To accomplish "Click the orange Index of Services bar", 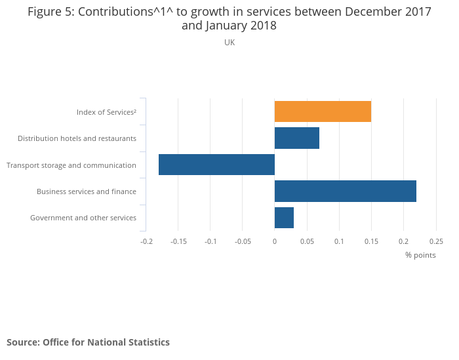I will click(x=323, y=111).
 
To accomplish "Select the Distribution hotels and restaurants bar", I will click(x=297, y=138).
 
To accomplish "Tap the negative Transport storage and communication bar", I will click(x=216, y=165).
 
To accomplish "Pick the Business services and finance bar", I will click(x=346, y=191).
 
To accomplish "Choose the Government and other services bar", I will click(x=284, y=218).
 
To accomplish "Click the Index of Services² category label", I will click(x=106, y=112).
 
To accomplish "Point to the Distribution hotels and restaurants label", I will click(x=77, y=138).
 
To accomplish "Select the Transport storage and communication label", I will click(x=71, y=165).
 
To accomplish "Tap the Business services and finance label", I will click(x=87, y=191).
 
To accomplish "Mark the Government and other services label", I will click(x=83, y=218).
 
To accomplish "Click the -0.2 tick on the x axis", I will click(x=146, y=241).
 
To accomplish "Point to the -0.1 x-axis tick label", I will click(x=210, y=241).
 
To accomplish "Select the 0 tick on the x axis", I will click(x=275, y=241).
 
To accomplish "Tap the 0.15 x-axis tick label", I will click(x=371, y=241).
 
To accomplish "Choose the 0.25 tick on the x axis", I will click(x=435, y=241).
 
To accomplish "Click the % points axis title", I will click(x=420, y=255).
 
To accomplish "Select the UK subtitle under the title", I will click(x=229, y=43).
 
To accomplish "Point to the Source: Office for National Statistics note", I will click(x=88, y=342).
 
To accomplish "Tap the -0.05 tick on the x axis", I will click(x=243, y=241).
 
